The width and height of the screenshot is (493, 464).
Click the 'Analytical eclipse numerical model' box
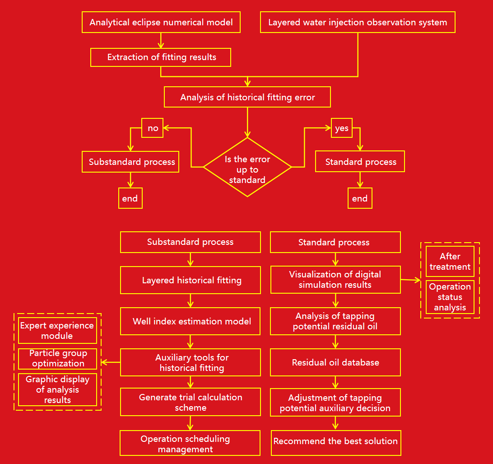click(x=161, y=22)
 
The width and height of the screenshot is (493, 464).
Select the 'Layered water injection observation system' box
click(x=358, y=22)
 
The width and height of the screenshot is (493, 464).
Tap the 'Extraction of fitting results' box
click(x=161, y=57)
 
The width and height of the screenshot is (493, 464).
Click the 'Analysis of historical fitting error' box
click(x=247, y=97)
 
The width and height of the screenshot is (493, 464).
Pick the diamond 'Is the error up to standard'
click(x=247, y=167)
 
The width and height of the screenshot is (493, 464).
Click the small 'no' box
click(x=153, y=128)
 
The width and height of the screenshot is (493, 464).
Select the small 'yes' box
click(x=342, y=128)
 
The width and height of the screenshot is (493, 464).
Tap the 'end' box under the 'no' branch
click(x=130, y=198)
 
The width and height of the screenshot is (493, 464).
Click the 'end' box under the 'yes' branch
click(x=360, y=198)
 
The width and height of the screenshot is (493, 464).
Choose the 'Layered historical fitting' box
click(x=191, y=280)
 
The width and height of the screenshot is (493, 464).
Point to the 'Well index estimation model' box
click(x=191, y=321)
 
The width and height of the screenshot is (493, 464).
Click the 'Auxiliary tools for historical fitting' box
click(x=191, y=362)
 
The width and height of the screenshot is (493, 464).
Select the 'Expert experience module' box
click(x=57, y=330)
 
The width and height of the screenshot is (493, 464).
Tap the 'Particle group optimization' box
click(x=57, y=358)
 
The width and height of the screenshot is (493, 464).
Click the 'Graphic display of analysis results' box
click(x=57, y=389)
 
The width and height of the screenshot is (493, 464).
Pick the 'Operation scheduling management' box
click(x=190, y=443)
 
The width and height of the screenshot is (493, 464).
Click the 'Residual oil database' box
click(x=335, y=362)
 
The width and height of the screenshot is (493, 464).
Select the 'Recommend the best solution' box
click(x=335, y=441)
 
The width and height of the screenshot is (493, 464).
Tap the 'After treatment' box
click(x=450, y=261)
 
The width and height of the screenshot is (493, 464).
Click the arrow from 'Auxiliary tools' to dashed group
click(x=111, y=362)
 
